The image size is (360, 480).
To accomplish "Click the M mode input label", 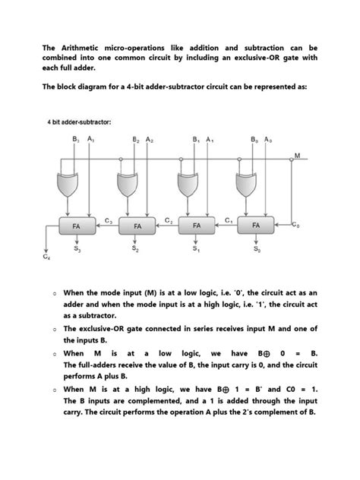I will click(297, 156).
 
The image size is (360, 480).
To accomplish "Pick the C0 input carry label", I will click(295, 226).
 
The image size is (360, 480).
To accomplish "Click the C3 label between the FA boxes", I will click(109, 220).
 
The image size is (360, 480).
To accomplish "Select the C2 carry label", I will click(168, 220).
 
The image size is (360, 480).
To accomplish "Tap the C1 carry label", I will click(228, 220).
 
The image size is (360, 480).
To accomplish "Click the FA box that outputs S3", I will click(77, 226).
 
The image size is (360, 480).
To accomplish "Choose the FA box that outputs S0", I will click(256, 226).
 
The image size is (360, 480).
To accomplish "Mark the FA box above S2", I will click(137, 226).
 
